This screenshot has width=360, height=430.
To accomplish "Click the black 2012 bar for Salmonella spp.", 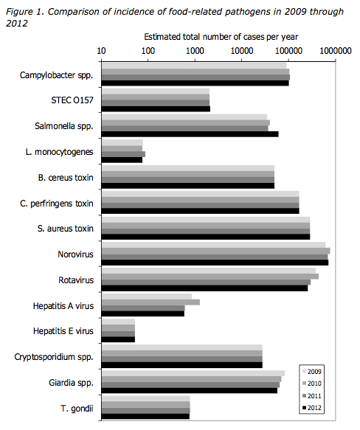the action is click(190, 134).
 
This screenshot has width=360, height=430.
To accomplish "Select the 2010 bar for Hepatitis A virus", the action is click(150, 302).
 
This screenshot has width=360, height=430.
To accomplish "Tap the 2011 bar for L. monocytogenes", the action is click(123, 154).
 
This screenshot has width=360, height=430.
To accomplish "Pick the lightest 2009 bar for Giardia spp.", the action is click(193, 373).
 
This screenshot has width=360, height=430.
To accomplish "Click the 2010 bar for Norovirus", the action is click(216, 251).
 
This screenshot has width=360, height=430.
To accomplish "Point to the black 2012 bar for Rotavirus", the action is click(204, 288).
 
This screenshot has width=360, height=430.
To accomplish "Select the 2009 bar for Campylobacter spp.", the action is click(194, 66).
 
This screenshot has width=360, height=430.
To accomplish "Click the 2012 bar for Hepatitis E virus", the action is click(118, 339).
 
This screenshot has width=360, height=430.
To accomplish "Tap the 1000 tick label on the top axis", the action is click(195, 51).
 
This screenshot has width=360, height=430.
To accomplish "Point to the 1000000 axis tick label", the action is click(336, 51).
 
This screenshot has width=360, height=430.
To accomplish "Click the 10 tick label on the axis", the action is click(101, 51).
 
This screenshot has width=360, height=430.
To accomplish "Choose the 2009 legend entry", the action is click(312, 372).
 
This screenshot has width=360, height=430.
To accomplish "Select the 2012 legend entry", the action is click(312, 408).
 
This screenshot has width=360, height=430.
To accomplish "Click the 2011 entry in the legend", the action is click(312, 396).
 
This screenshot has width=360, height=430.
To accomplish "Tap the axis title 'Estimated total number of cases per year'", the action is click(221, 37).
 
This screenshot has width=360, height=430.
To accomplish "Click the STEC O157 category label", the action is click(72, 100).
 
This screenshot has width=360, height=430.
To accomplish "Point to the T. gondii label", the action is click(77, 409).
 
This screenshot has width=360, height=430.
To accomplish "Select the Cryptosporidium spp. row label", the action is click(54, 357).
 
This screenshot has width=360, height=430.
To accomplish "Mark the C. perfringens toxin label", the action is click(57, 204).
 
